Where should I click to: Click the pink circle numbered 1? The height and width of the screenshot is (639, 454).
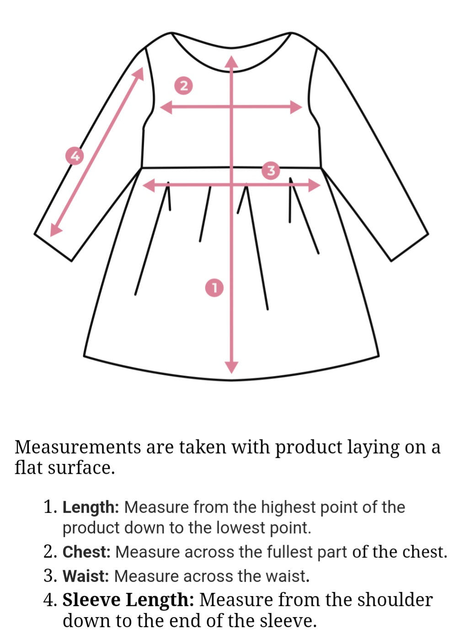tap(214, 288)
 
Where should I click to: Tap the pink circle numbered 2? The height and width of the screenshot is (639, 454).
tap(184, 85)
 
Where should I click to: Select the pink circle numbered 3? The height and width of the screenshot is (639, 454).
tap(271, 171)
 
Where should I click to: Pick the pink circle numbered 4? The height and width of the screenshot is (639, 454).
tap(75, 156)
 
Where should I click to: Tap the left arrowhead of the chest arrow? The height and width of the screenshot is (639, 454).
tap(166, 107)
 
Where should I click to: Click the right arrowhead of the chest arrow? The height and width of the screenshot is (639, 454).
tap(296, 107)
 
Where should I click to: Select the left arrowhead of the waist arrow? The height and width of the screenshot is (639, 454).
tap(148, 186)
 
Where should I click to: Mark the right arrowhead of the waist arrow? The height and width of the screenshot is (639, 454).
tap(314, 186)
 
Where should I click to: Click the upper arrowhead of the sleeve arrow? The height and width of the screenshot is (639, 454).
tap(139, 74)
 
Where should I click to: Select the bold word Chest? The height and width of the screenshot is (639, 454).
tap(86, 560)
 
